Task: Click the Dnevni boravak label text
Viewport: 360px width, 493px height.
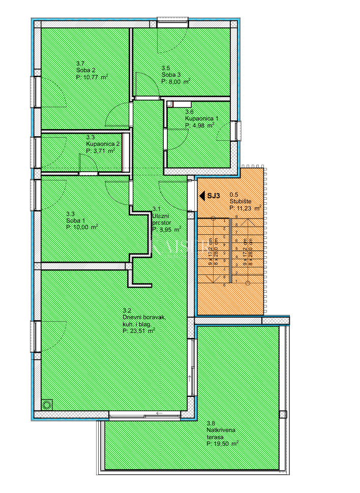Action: (144, 318)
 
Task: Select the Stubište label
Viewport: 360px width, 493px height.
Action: (240, 201)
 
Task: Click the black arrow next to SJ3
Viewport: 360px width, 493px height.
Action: (201, 195)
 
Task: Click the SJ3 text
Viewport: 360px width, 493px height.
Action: (214, 195)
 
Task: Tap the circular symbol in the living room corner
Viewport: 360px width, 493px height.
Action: (48, 405)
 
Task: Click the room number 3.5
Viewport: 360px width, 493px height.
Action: (166, 68)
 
